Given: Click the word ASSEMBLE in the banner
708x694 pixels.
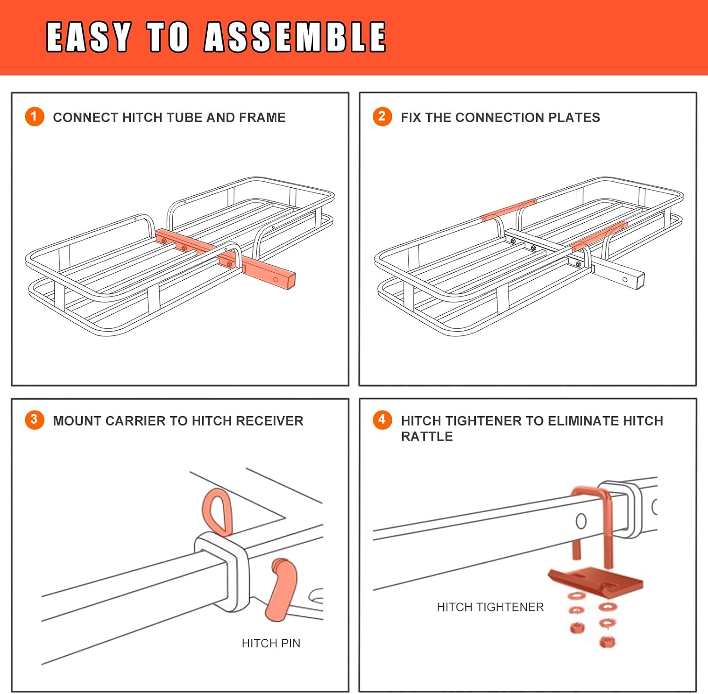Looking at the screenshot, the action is [295, 37].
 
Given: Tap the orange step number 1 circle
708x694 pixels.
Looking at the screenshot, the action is [34, 117].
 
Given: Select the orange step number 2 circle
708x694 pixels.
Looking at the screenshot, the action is [382, 117].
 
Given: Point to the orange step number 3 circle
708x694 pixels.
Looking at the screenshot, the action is [34, 420].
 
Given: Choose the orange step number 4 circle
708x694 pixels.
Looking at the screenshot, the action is [382, 420].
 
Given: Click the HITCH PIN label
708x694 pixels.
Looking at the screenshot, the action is [271, 643].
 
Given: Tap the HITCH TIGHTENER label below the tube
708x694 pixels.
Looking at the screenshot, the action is [490, 607].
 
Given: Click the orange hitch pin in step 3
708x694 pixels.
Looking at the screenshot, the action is [282, 590].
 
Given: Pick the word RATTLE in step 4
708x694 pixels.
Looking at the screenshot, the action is [427, 436].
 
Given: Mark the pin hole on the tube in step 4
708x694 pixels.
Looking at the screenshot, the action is [582, 521].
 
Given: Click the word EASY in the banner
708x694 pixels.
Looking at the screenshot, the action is [88, 37].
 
